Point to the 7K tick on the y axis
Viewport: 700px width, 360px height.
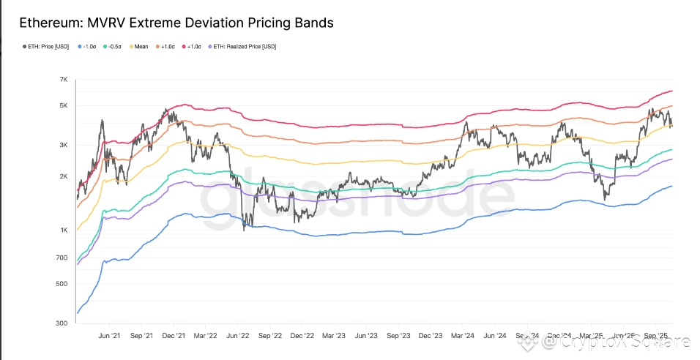64,79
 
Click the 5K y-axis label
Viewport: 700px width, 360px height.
64,105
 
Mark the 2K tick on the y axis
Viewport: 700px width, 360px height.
64,176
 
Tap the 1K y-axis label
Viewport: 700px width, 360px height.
64,230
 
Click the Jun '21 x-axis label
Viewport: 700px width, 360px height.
109,337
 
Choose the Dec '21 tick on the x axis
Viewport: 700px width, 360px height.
173,337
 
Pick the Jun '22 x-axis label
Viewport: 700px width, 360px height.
237,337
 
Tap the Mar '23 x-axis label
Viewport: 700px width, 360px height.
333,337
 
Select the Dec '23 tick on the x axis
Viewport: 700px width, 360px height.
431,337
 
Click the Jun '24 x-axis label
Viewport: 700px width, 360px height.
495,337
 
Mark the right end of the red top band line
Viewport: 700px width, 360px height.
672,91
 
